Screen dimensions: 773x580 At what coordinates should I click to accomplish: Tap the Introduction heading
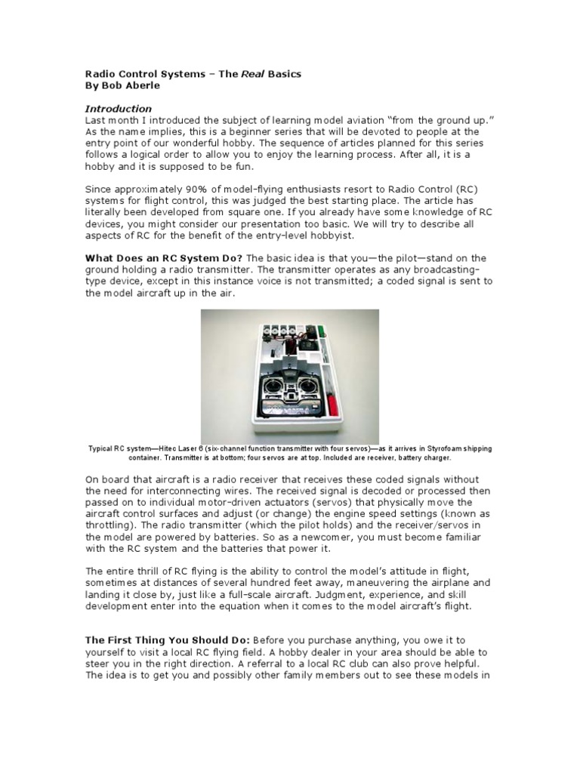[x=118, y=109]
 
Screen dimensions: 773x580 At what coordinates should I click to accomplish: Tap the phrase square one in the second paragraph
[x=246, y=217]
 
